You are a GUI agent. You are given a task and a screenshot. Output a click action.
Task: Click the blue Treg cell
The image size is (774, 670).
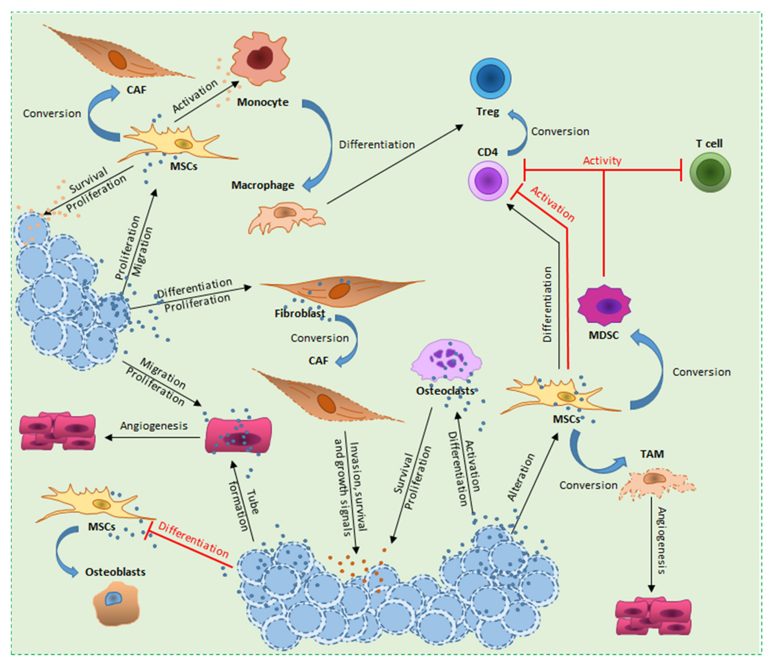[490, 79]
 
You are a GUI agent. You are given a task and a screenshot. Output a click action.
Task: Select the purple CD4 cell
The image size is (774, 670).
[488, 181]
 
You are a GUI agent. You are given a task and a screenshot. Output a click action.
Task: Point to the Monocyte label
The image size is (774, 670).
[263, 102]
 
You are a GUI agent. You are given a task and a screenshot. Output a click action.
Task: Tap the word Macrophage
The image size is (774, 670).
[263, 185]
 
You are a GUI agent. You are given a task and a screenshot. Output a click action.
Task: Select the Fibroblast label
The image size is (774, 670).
[300, 313]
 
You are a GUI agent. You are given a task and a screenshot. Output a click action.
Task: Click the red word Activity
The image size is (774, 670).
[602, 161]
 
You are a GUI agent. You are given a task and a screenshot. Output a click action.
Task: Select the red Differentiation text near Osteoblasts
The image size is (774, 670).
[193, 539]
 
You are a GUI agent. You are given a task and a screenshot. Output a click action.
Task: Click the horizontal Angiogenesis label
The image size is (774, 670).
[154, 426]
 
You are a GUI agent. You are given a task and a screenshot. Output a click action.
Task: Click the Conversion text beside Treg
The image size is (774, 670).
[560, 132]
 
